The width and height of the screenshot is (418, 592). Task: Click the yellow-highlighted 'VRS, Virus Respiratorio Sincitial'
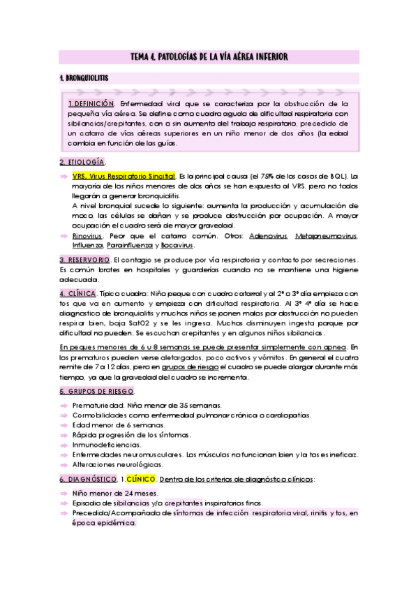coord(124,177)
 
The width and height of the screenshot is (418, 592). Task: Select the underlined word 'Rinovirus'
coord(87,236)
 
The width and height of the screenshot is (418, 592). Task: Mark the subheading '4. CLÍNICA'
coord(77,293)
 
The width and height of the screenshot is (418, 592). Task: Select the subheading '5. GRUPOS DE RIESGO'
coord(97,391)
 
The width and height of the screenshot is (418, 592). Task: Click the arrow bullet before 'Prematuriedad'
coord(64,405)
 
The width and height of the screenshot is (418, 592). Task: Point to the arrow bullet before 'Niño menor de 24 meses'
coord(64,493)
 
